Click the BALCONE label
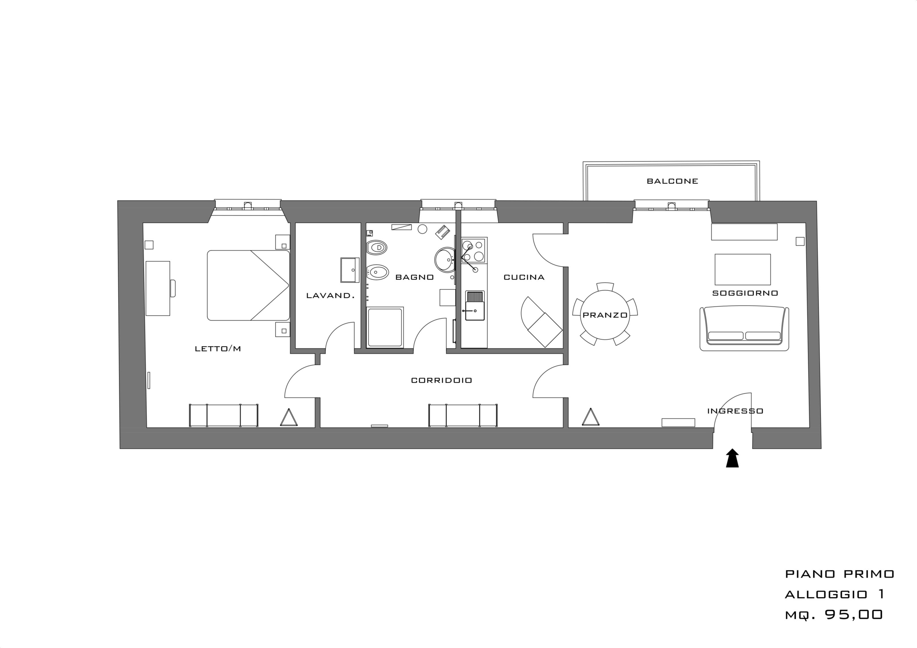click(672, 181)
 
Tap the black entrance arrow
click(732, 458)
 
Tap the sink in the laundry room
click(350, 270)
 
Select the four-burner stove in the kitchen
click(473, 250)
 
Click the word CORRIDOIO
click(441, 380)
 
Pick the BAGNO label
click(415, 277)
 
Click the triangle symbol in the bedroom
click(289, 418)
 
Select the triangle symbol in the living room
click(590, 417)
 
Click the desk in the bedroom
click(158, 288)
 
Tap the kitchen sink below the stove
click(475, 305)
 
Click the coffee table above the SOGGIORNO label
click(742, 270)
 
